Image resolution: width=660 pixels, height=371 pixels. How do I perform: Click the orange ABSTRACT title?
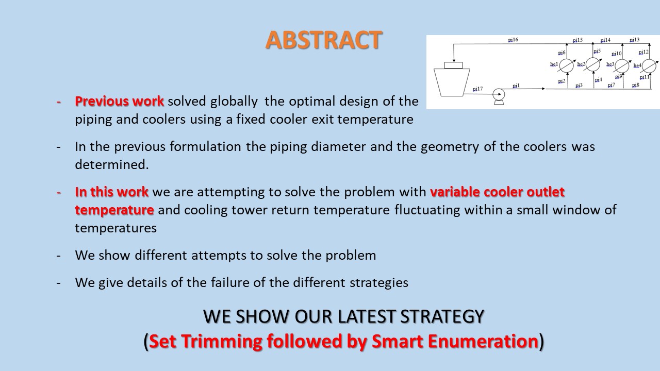pyautogui.click(x=323, y=40)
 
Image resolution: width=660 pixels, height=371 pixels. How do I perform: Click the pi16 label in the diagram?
pyautogui.click(x=513, y=40)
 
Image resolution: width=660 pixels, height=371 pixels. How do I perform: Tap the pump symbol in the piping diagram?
pyautogui.click(x=499, y=96)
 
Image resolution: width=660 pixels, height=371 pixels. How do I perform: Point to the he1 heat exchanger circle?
pyautogui.click(x=566, y=65)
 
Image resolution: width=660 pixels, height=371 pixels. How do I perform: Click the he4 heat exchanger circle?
pyautogui.click(x=649, y=66)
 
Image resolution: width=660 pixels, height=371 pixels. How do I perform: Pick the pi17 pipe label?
pyautogui.click(x=477, y=89)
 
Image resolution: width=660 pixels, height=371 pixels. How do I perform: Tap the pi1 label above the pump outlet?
pyautogui.click(x=516, y=86)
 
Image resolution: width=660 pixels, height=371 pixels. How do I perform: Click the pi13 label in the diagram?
pyautogui.click(x=634, y=40)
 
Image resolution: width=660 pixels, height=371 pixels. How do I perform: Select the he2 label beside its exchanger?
pyautogui.click(x=581, y=64)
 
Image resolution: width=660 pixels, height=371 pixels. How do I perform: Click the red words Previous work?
pyautogui.click(x=119, y=102)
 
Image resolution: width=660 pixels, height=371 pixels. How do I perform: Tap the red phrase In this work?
pyautogui.click(x=112, y=192)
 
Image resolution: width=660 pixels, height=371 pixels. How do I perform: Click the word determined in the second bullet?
pyautogui.click(x=112, y=164)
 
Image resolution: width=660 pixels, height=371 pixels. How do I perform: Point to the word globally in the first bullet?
pyautogui.click(x=234, y=102)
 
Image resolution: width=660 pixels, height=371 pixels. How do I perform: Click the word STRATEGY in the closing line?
pyautogui.click(x=442, y=316)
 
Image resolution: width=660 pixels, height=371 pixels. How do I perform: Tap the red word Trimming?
pyautogui.click(x=222, y=342)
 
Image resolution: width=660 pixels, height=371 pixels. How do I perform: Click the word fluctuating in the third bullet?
pyautogui.click(x=427, y=210)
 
